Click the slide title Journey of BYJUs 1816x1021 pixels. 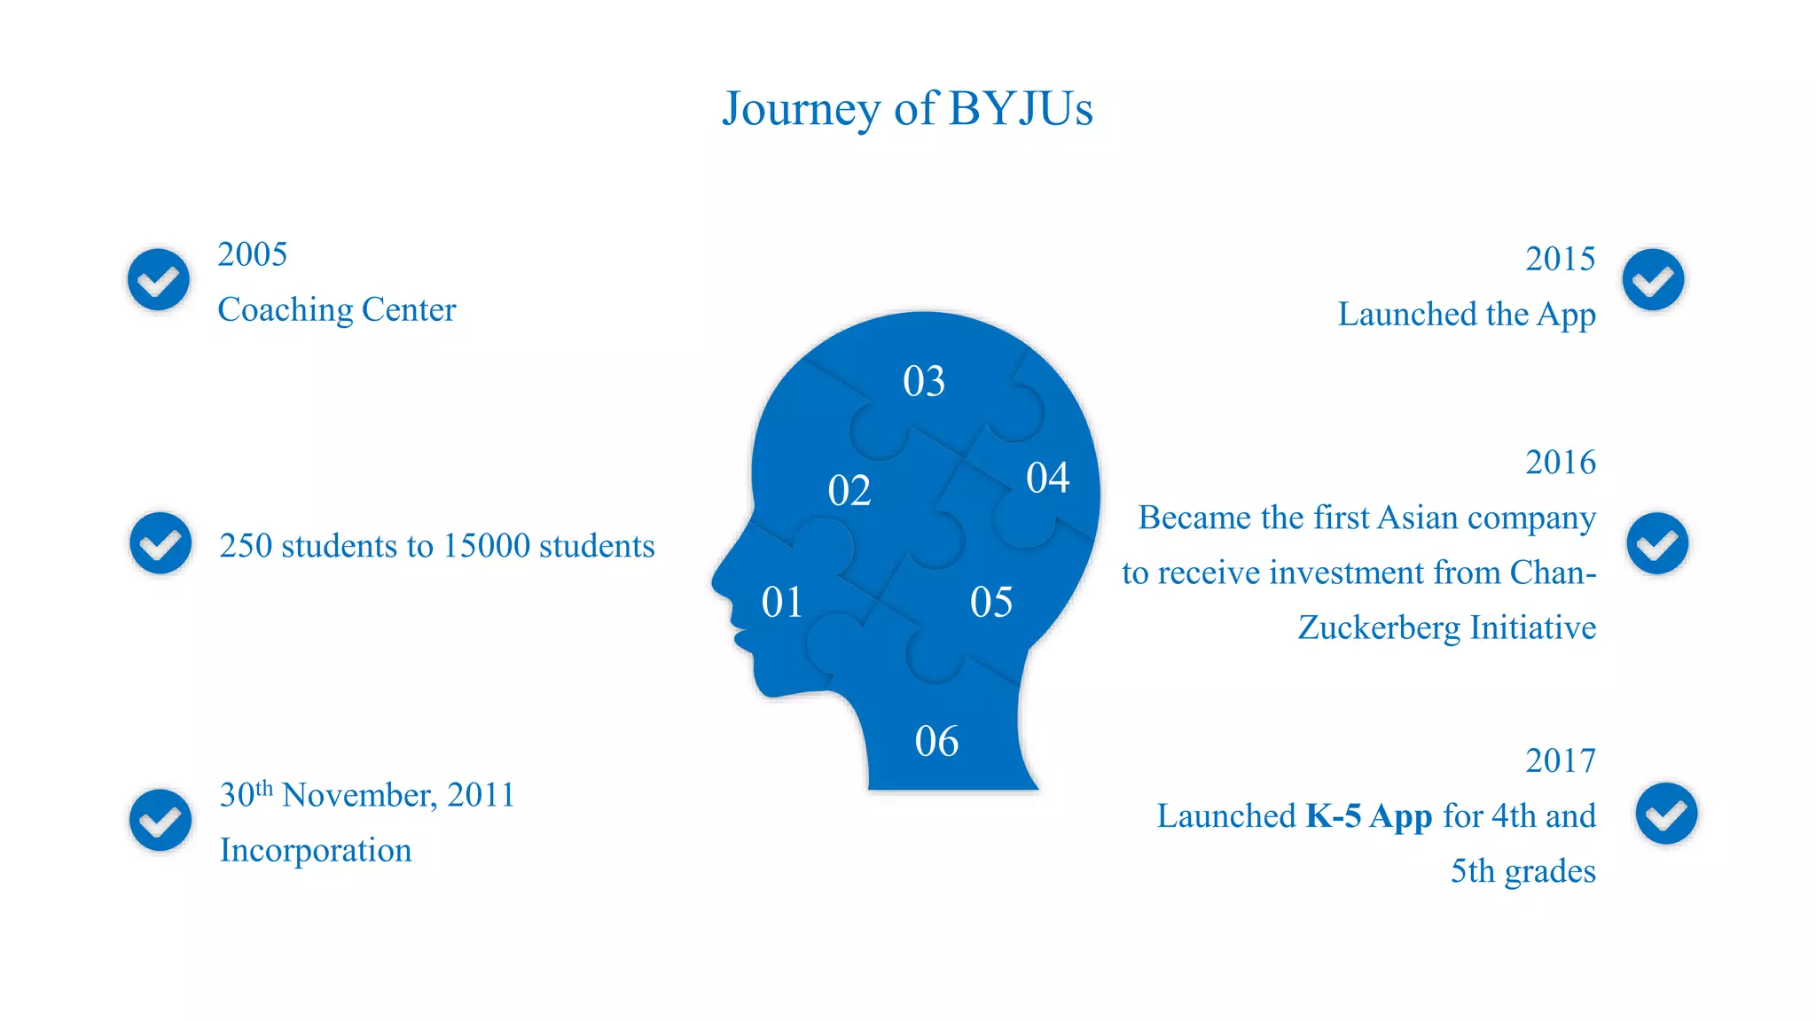coord(907,109)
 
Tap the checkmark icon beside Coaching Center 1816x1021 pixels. coord(159,280)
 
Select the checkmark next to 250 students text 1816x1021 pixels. coord(160,543)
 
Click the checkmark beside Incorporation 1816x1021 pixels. coord(160,820)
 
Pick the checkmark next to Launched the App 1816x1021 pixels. coord(1654,280)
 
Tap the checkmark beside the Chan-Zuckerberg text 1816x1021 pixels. coord(1657,543)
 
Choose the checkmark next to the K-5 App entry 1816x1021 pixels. coord(1667,814)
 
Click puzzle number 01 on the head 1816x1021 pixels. coord(782,603)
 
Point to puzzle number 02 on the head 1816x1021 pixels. coord(849,491)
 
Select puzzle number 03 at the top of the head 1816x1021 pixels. coord(924,381)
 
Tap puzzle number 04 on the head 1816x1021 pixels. coord(1048,478)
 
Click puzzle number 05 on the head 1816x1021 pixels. coord(991,603)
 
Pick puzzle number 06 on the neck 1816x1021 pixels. coord(936,741)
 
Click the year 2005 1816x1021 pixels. coord(253,255)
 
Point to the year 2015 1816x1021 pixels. coord(1560,260)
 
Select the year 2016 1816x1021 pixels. coord(1560,463)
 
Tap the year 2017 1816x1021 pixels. coord(1560,761)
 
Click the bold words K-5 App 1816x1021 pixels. coord(1369,816)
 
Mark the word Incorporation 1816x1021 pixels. coord(316,851)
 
